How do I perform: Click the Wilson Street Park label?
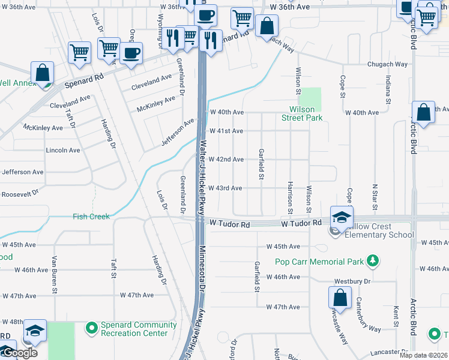click(x=302, y=113)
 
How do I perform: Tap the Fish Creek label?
click(x=91, y=217)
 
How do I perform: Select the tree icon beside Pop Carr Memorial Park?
click(x=373, y=260)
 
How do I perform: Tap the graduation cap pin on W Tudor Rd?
click(x=341, y=218)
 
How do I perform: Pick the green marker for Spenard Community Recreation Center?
click(x=91, y=328)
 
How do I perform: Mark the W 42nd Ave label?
click(x=226, y=159)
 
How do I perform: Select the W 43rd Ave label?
click(x=226, y=188)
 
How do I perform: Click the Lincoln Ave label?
click(x=63, y=150)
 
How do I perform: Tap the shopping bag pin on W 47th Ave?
click(x=340, y=298)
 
